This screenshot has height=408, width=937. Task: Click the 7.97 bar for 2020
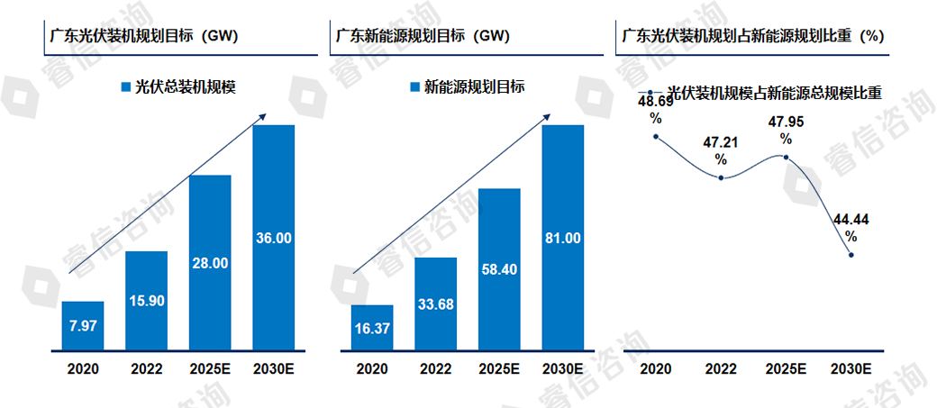point(83,325)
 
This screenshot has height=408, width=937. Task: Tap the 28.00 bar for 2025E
point(210,262)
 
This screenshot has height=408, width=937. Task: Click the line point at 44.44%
point(851,255)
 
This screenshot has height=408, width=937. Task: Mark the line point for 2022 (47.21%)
point(721,177)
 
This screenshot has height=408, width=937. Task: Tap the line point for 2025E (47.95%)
point(786,158)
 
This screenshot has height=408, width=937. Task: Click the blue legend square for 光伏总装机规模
point(125,87)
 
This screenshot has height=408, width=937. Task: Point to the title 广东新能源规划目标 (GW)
point(423,36)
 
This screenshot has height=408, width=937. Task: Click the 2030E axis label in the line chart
point(850,369)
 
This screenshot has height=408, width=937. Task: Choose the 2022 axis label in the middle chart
point(435,369)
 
